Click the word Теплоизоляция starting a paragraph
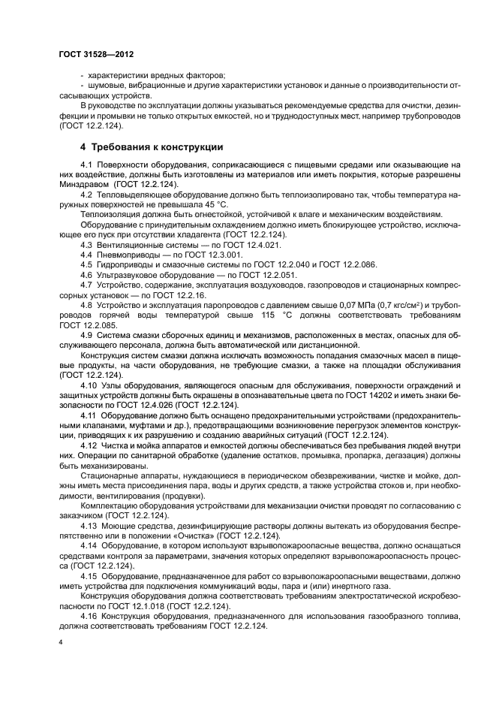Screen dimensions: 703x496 110,213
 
